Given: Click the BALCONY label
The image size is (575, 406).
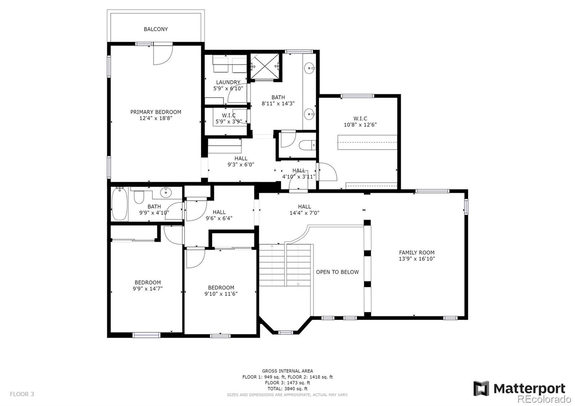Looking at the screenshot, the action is pos(156,29).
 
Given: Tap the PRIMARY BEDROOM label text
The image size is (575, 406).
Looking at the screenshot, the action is pos(156,112).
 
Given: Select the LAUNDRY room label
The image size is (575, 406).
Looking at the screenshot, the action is pos(228,82).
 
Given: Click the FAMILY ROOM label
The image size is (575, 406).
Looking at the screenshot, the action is pos(417,253).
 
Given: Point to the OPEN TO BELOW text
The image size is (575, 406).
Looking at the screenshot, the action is pos(337,272).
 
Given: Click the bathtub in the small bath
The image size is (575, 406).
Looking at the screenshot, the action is pos(120,203).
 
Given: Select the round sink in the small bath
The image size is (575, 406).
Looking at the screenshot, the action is pos(166,192).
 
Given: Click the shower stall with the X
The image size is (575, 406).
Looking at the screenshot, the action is pos(264,66).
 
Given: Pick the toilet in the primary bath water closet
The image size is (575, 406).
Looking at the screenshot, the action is pos(307,145).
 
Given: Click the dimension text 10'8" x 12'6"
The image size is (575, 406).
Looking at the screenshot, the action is pos(360,125).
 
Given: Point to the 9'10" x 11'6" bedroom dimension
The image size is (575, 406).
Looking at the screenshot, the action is pos(221,294).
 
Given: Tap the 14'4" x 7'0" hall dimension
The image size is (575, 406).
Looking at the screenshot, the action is pos(304,213).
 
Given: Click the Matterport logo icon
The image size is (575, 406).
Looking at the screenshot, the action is pos(481,388).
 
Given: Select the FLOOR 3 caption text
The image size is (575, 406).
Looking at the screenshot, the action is pos(22,394).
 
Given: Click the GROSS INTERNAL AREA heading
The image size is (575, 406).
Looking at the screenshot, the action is pos(287,371).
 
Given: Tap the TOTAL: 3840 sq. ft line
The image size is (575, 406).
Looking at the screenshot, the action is pos(287,389).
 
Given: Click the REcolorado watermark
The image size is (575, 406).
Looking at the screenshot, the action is pos(544,399).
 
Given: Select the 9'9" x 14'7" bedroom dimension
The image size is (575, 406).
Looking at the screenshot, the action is pos(148,289).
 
